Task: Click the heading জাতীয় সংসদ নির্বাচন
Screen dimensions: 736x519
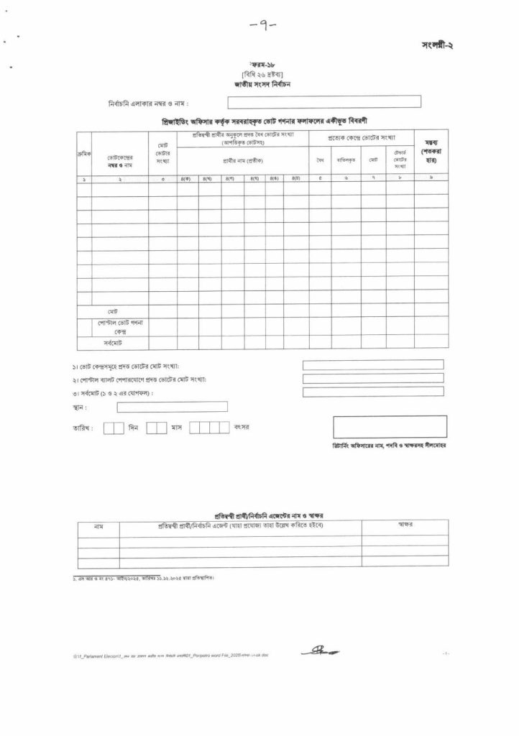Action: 261,84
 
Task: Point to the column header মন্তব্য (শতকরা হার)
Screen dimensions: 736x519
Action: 431,154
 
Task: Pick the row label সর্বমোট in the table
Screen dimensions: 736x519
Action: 113,344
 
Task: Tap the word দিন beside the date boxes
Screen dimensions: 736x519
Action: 134,428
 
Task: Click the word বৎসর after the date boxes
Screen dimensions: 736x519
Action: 241,428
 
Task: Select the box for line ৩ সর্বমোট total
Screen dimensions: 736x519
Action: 373,392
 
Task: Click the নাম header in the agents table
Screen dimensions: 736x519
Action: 98,527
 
